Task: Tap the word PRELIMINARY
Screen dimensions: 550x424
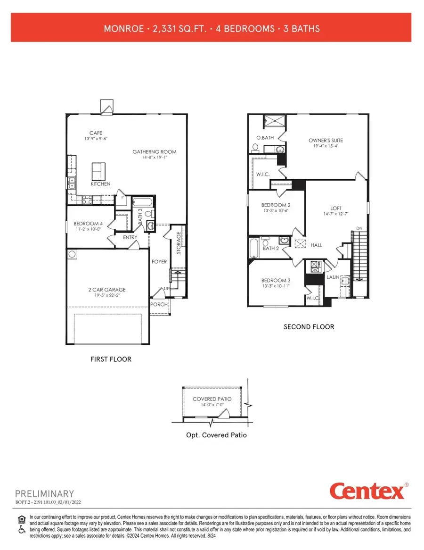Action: (x=45, y=494)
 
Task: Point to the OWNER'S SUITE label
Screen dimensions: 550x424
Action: (x=326, y=140)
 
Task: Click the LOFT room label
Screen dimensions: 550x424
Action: (x=336, y=208)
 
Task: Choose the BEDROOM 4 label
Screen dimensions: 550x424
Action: (x=88, y=224)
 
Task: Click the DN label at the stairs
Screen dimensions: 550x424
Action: (x=359, y=228)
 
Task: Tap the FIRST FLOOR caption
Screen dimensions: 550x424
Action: (x=111, y=359)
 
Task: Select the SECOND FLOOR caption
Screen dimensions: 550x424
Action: (x=309, y=326)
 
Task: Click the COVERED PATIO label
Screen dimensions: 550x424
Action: (x=212, y=399)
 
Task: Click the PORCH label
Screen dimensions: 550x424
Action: (x=159, y=304)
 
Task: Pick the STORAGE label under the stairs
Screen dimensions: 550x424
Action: (x=179, y=243)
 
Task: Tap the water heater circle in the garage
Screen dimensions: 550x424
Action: (x=72, y=254)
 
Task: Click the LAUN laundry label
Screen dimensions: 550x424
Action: (x=334, y=277)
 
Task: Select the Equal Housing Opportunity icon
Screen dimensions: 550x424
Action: (x=21, y=519)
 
